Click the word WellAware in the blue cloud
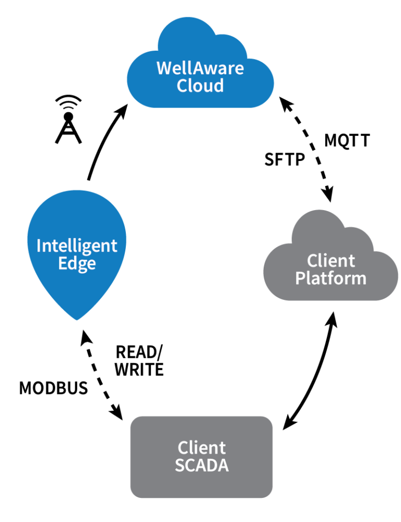pyautogui.click(x=200, y=68)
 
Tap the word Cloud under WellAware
pyautogui.click(x=200, y=85)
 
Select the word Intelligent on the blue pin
pyautogui.click(x=77, y=246)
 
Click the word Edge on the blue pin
pyautogui.click(x=77, y=263)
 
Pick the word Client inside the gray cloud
pyautogui.click(x=331, y=260)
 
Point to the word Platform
pyautogui.click(x=331, y=277)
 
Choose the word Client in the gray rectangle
pyautogui.click(x=202, y=448)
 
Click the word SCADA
pyautogui.click(x=202, y=465)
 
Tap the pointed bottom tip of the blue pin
pyautogui.click(x=77, y=319)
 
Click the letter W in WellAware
pyautogui.click(x=163, y=68)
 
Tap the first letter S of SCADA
pyautogui.click(x=180, y=465)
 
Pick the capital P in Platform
pyautogui.click(x=300, y=277)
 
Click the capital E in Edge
pyautogui.click(x=63, y=263)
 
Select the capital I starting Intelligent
pyautogui.click(x=39, y=245)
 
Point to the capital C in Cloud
pyautogui.click(x=182, y=85)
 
